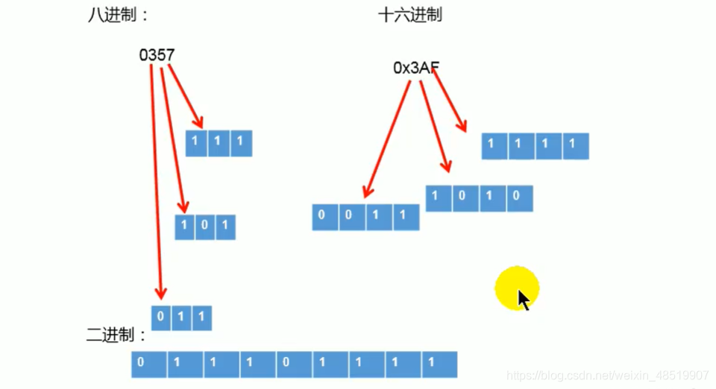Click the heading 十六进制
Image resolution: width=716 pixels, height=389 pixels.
tap(409, 15)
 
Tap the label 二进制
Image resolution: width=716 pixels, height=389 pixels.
tap(113, 335)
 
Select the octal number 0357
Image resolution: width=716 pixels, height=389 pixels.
tap(157, 55)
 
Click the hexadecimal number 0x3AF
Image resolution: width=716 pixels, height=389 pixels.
tap(415, 68)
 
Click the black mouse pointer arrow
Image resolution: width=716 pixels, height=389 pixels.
tap(524, 300)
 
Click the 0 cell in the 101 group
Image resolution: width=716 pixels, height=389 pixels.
tap(205, 227)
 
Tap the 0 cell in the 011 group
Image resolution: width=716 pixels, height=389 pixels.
tap(161, 317)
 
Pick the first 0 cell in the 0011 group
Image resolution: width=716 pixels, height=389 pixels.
tap(322, 216)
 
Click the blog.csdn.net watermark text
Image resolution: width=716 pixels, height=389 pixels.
tap(607, 376)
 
